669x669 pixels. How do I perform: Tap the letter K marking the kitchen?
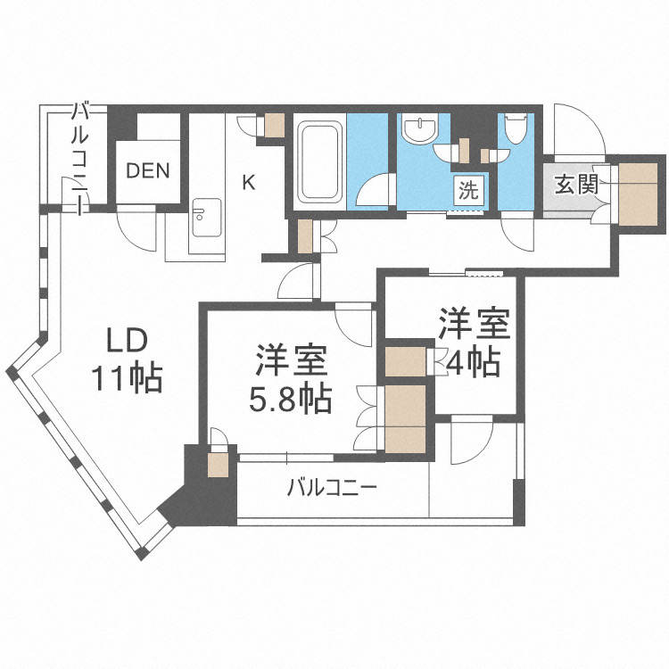pyautogui.click(x=249, y=182)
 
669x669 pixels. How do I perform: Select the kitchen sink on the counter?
pyautogui.click(x=205, y=217)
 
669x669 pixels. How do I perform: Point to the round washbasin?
pyautogui.click(x=417, y=131)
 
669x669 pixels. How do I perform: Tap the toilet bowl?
pyautogui.click(x=515, y=128)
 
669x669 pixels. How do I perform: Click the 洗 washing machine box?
pyautogui.click(x=468, y=189)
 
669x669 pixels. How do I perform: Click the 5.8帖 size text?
pyautogui.click(x=290, y=398)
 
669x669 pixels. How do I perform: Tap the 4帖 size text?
pyautogui.click(x=473, y=362)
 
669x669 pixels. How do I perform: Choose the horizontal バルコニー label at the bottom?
pyautogui.click(x=332, y=488)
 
